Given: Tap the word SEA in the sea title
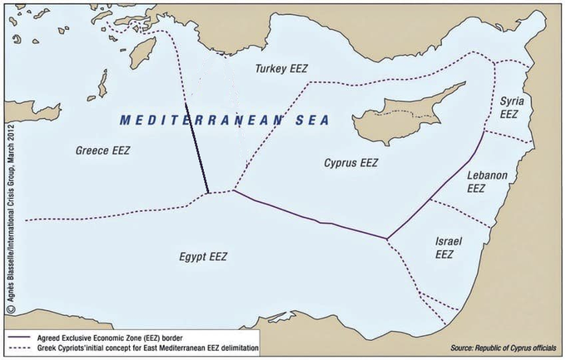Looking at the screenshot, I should coord(310,120).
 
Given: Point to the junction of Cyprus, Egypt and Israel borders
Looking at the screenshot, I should coord(387,240).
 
